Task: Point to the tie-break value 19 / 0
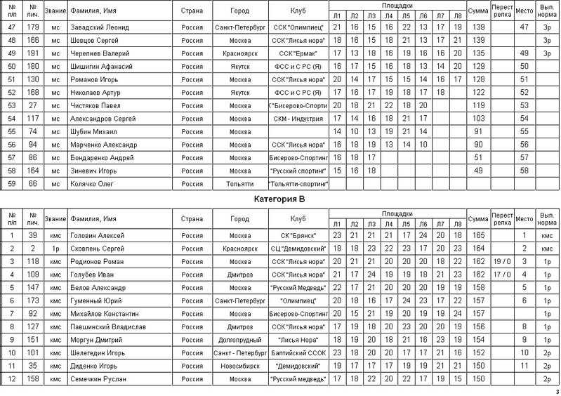(502, 261)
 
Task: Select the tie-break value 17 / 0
(502, 275)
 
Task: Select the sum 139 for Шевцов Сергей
(480, 40)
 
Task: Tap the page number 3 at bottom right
(556, 391)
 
